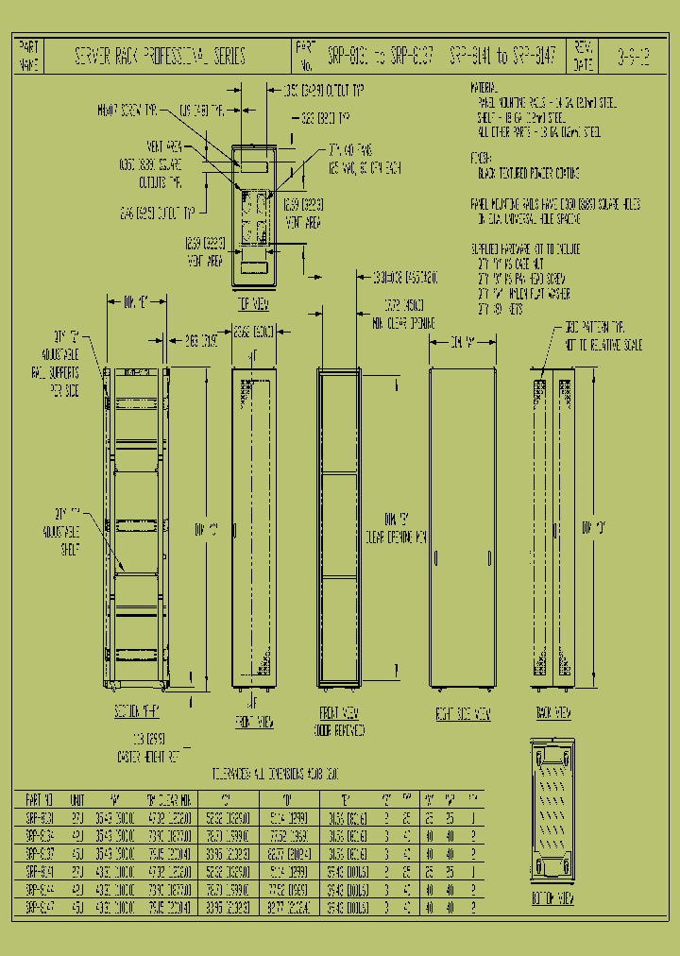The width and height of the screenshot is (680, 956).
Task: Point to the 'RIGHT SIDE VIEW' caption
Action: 463,714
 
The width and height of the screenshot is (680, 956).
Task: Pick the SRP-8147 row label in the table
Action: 39,906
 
